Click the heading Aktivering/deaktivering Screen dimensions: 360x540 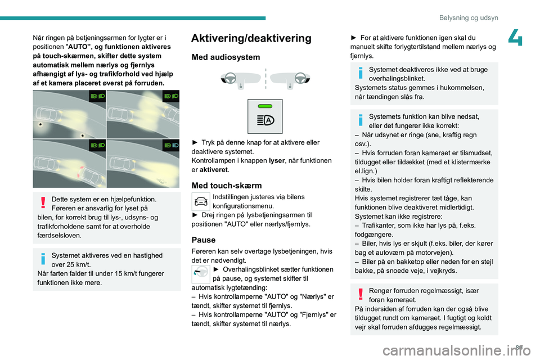(251, 38)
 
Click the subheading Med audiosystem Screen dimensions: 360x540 (226, 57)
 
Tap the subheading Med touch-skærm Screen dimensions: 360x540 (227, 186)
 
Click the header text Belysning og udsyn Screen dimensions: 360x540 (470, 17)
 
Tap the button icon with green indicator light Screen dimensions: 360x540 (265, 116)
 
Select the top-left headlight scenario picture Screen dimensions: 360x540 (69, 114)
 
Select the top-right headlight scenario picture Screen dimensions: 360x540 (143, 114)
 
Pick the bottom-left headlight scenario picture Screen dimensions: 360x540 (69, 163)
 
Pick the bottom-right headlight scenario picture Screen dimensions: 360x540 (143, 163)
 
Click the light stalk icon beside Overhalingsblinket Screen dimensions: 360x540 (201, 273)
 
